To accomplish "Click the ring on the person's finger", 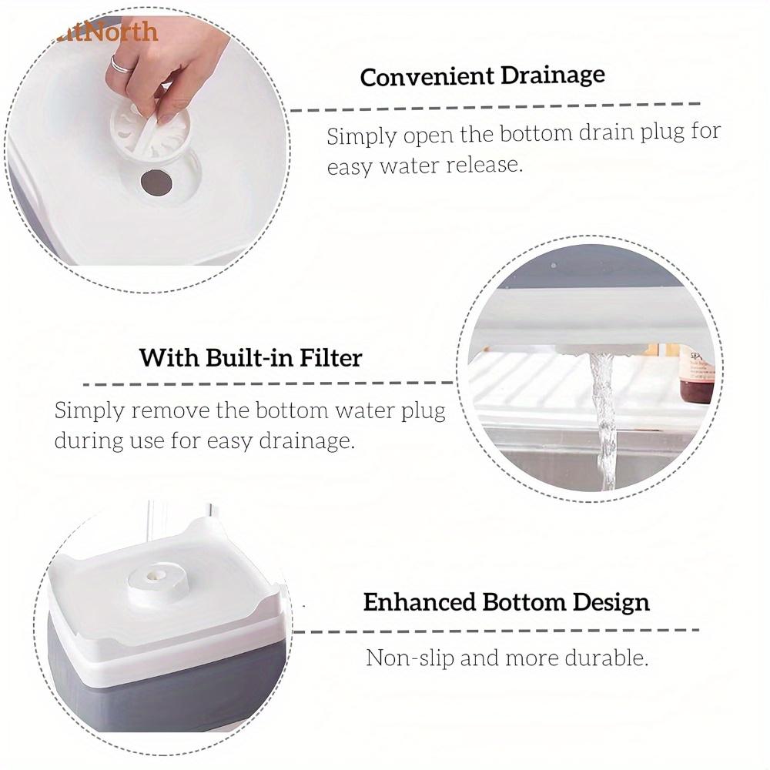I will pos(121,62).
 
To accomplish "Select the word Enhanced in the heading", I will pos(419,602).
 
